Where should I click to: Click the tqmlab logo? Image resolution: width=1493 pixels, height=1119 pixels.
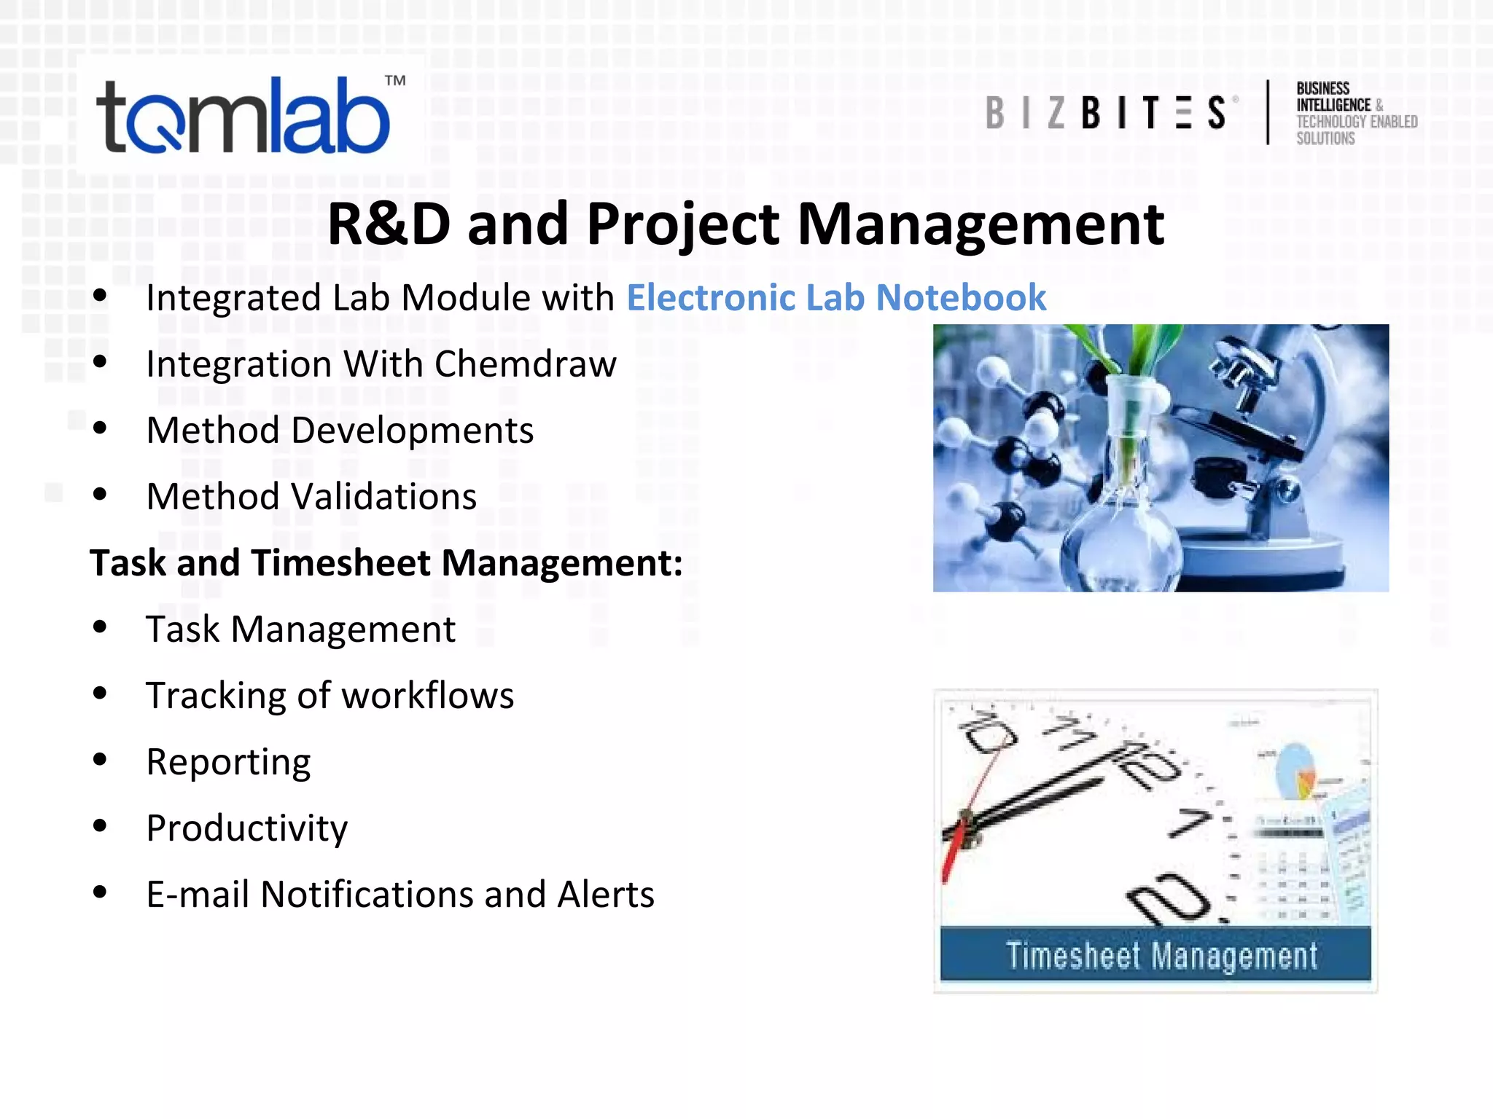click(x=244, y=117)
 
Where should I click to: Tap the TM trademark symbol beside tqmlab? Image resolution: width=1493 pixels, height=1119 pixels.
click(x=395, y=80)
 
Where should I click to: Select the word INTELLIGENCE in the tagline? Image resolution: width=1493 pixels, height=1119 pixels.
click(x=1333, y=106)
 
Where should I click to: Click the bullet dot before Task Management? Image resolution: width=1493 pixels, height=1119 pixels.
click(x=100, y=627)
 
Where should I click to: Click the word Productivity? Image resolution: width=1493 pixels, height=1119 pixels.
click(x=246, y=828)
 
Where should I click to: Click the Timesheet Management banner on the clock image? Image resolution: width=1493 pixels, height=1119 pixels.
click(x=1155, y=954)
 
